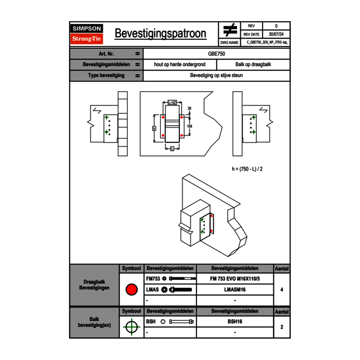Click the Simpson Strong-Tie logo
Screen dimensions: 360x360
(87, 34)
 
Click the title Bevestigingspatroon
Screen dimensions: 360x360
(160, 34)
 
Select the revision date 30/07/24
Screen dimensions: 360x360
(276, 34)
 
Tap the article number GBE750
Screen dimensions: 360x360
(216, 54)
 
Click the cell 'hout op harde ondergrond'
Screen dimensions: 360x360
(180, 65)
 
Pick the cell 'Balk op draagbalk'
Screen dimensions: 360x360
(253, 65)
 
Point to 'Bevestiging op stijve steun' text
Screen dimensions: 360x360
(216, 76)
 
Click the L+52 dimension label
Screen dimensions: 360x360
(172, 103)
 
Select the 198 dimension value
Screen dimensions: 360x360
(189, 126)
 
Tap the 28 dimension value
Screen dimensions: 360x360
(189, 108)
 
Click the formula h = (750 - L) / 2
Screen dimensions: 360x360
(247, 169)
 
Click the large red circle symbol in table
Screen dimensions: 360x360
(131, 290)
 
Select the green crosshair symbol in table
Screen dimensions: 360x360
(131, 327)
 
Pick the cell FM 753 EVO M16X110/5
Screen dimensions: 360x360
(235, 279)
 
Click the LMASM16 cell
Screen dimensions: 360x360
(235, 290)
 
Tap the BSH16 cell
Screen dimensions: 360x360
(235, 322)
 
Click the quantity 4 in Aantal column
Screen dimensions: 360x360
(282, 290)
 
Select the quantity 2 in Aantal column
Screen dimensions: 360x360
(282, 327)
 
